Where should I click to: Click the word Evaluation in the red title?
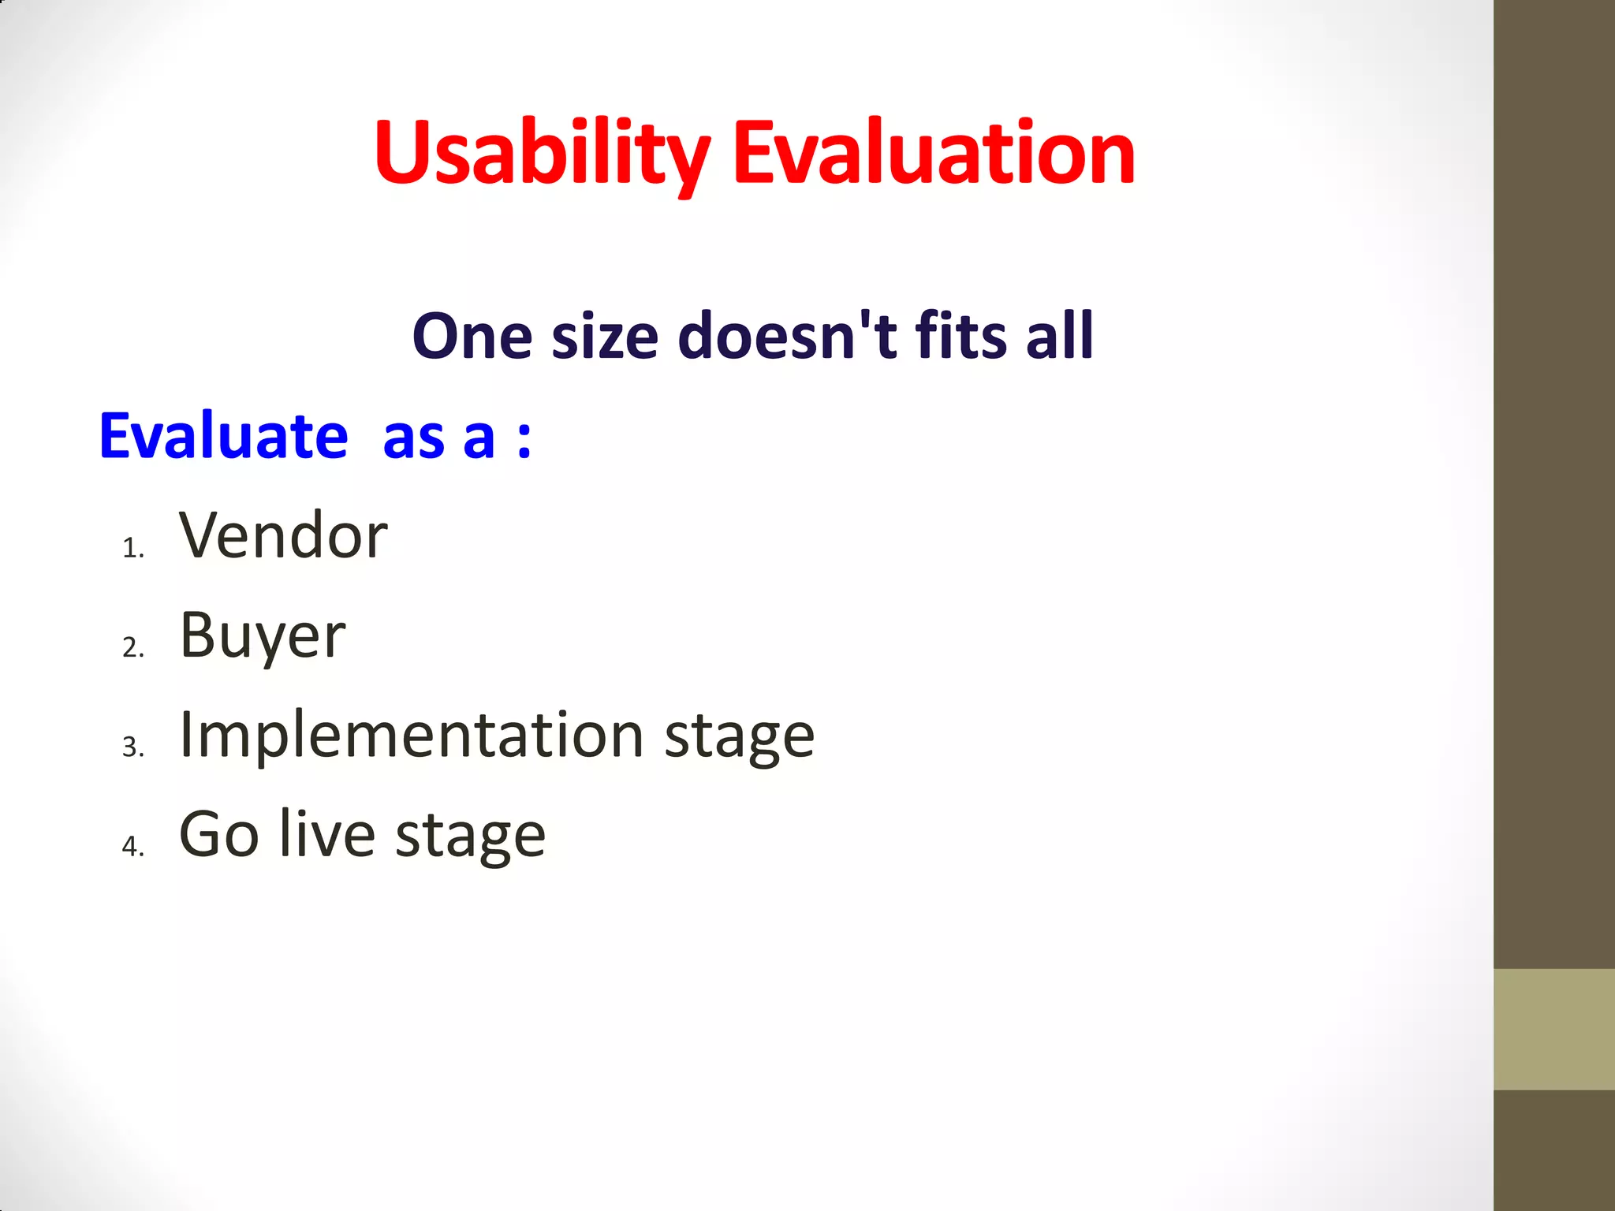pos(934,154)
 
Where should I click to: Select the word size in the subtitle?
pos(605,337)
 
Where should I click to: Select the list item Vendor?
pos(283,536)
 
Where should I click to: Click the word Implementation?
pos(412,735)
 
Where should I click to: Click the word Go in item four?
pos(218,835)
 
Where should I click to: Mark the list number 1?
pos(132,548)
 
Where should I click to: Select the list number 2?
pos(132,647)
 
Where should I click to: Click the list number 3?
pos(132,747)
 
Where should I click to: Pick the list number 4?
pos(132,846)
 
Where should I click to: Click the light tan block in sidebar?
pos(1553,1029)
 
